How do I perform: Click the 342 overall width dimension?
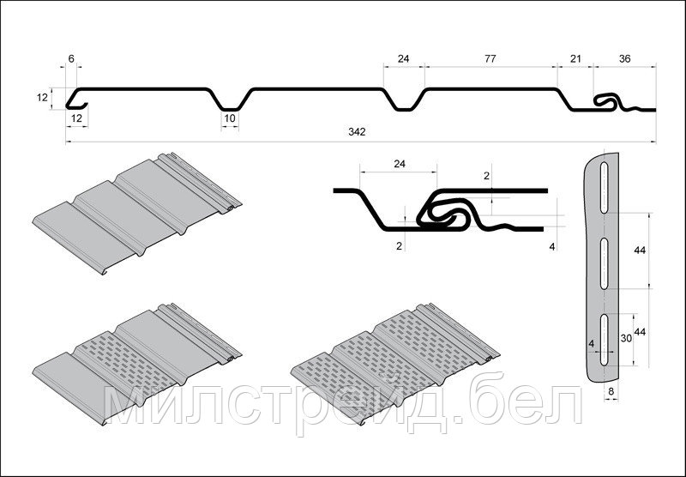[x=357, y=132]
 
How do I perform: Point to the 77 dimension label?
[x=490, y=58]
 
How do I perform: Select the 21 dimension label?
[x=575, y=58]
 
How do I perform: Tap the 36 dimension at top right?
[x=625, y=58]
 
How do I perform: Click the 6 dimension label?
[x=71, y=58]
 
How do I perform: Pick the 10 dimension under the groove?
[x=230, y=118]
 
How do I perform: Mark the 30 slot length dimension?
[x=627, y=338]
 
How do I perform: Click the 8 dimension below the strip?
[x=611, y=392]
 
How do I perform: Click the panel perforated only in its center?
[x=137, y=363]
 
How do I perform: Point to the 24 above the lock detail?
[x=400, y=164]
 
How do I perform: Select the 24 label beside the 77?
[x=403, y=58]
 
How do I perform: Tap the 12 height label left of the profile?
[x=42, y=98]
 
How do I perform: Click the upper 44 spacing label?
[x=640, y=251]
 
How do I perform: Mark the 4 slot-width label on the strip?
[x=592, y=344]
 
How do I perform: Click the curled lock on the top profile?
[x=606, y=101]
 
